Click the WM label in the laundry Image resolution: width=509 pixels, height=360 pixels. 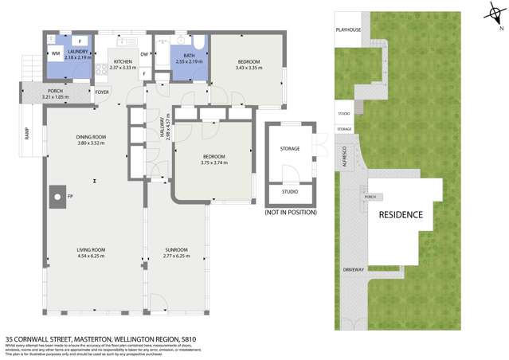click(56, 53)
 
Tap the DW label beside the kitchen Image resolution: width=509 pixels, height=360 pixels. click(144, 54)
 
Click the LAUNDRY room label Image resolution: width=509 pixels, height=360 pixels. click(76, 52)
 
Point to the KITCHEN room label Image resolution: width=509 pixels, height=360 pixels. click(123, 61)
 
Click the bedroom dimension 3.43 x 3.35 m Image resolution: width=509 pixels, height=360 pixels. click(247, 68)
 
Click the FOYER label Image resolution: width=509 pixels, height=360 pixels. click(102, 92)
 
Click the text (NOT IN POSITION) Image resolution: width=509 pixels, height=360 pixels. click(290, 213)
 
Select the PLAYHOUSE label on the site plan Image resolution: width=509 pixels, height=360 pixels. click(348, 30)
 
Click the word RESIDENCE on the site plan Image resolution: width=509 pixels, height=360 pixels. click(400, 215)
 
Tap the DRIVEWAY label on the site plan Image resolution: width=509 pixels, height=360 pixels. click(353, 269)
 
